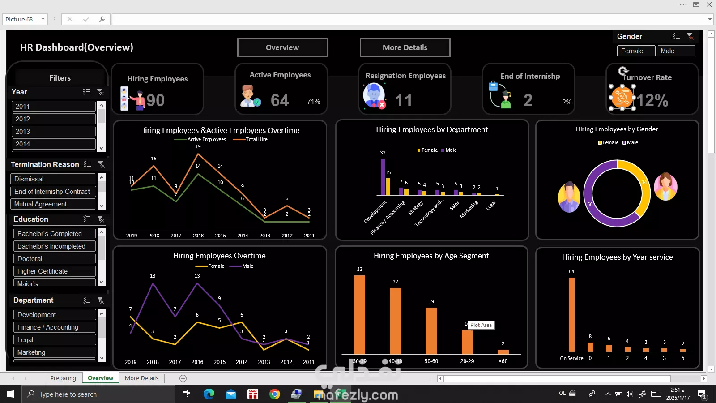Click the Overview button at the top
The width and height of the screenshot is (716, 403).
click(x=282, y=47)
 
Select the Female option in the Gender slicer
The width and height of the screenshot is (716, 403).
click(x=636, y=51)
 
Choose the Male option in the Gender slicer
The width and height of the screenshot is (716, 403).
click(x=676, y=51)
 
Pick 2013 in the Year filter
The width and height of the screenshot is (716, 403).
click(x=53, y=132)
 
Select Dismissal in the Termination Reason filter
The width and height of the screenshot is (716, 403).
click(x=53, y=179)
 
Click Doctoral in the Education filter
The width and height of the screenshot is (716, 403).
click(x=54, y=259)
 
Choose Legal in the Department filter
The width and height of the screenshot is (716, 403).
click(x=54, y=340)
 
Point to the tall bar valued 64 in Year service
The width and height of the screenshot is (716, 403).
click(x=571, y=313)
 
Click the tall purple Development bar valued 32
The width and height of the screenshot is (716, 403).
click(x=383, y=177)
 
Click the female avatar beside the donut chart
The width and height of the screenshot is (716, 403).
click(x=665, y=187)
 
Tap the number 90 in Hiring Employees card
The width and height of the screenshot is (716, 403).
click(x=155, y=100)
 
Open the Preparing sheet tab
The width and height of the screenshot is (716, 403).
click(x=63, y=378)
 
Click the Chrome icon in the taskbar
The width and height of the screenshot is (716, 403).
click(x=275, y=394)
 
